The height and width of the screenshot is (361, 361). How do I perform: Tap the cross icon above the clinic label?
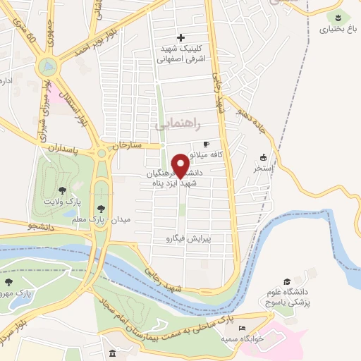[x=180, y=37]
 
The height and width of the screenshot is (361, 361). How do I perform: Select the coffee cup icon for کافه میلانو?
[x=206, y=144]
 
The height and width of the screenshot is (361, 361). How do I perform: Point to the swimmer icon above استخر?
[x=263, y=157]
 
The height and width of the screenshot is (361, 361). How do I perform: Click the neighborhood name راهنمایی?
[x=177, y=125]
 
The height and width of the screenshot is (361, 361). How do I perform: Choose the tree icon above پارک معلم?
[x=101, y=209]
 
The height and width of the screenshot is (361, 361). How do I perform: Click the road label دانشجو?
[x=42, y=226]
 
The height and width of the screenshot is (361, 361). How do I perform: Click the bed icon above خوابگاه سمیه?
[x=242, y=329]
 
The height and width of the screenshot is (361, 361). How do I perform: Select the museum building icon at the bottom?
[x=113, y=353]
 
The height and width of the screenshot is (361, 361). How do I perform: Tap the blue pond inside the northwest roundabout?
[x=47, y=68]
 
